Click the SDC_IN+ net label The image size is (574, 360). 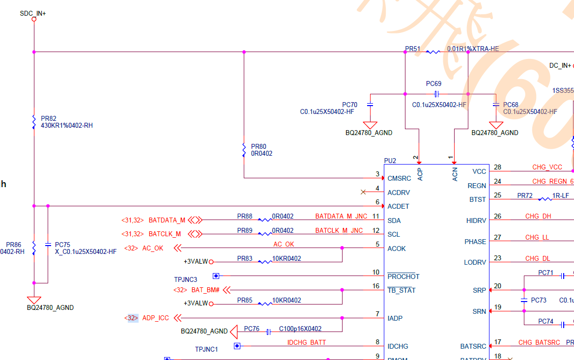[33, 13]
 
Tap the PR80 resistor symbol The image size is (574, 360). [244, 150]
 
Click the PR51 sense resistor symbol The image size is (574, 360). [433, 52]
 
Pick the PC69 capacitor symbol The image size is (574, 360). [436, 94]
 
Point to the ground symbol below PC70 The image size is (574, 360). [370, 125]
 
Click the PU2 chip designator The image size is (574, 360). [390, 161]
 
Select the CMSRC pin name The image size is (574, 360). [399, 178]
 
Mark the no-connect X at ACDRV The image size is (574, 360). [363, 192]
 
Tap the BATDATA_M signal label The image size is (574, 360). [167, 220]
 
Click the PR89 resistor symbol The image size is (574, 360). [265, 234]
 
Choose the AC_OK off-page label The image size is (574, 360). [153, 248]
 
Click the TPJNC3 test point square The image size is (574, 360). [216, 276]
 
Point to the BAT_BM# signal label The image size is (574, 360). [204, 290]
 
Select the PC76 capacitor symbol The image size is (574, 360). [268, 332]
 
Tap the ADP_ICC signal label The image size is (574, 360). [155, 318]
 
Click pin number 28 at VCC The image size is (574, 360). [498, 167]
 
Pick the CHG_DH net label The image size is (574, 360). [538, 216]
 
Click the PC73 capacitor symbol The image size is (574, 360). [524, 300]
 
